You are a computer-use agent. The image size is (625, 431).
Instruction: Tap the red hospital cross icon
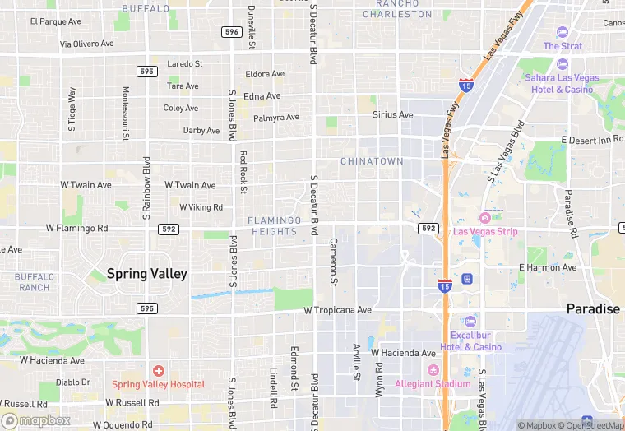pyautogui.click(x=157, y=372)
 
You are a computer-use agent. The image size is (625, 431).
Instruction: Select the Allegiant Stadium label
pyautogui.click(x=433, y=383)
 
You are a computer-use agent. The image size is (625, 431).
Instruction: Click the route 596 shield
pyautogui.click(x=231, y=31)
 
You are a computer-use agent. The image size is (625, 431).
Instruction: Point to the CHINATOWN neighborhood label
pyautogui.click(x=372, y=161)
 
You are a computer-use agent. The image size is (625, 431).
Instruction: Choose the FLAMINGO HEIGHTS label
pyautogui.click(x=274, y=226)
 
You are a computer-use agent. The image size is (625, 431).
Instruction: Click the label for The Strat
pyautogui.click(x=562, y=46)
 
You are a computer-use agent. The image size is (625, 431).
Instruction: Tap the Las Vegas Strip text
pyautogui.click(x=485, y=231)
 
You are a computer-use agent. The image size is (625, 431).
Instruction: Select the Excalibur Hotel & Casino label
pyautogui.click(x=475, y=341)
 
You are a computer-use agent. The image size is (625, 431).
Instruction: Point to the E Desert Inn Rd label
pyautogui.click(x=592, y=141)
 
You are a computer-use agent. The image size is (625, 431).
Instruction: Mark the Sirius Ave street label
pyautogui.click(x=392, y=115)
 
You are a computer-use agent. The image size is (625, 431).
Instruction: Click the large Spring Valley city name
pyautogui.click(x=147, y=273)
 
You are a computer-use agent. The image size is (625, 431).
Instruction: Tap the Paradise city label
pyautogui.click(x=592, y=308)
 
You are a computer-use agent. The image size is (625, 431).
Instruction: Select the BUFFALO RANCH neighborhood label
pyautogui.click(x=35, y=282)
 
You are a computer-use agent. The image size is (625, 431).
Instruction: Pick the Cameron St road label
pyautogui.click(x=333, y=262)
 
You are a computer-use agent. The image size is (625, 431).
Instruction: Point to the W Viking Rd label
pyautogui.click(x=201, y=207)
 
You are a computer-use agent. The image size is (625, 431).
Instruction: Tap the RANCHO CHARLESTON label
pyautogui.click(x=397, y=9)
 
